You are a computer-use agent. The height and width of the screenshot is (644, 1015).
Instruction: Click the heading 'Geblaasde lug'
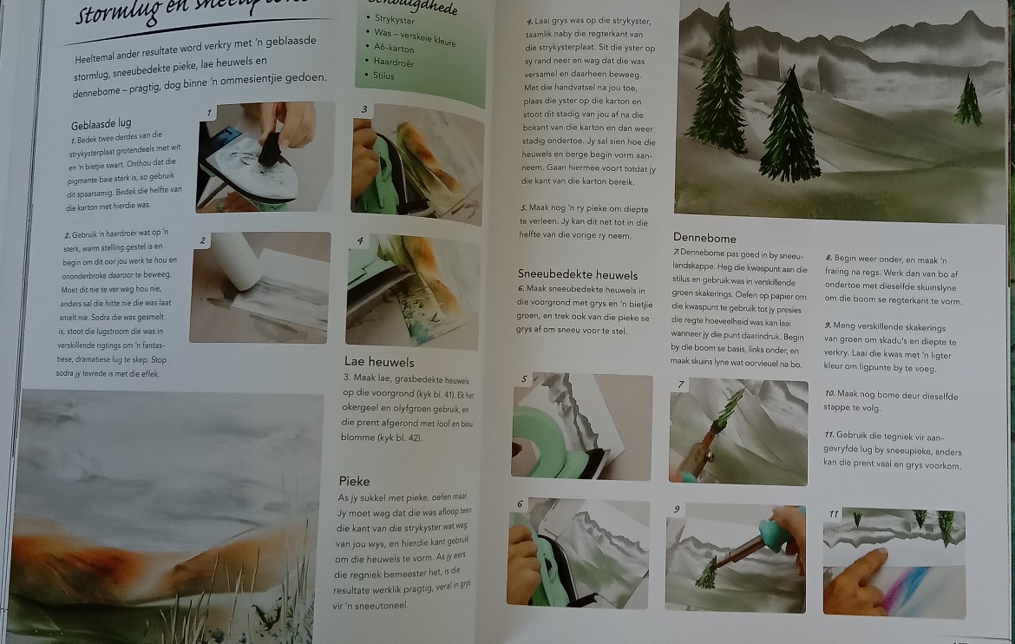tap(101, 123)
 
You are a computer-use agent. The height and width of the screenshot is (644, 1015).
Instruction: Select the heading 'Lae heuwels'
tap(379, 362)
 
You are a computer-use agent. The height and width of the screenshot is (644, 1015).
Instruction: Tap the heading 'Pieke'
tap(355, 481)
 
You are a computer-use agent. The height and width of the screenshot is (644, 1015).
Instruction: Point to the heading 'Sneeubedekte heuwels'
tap(577, 274)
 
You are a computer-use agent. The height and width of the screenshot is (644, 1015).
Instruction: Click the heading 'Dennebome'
tap(704, 237)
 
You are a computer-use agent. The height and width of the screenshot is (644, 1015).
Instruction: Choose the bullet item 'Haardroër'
tap(396, 62)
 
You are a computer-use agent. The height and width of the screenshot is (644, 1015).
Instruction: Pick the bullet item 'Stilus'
tap(383, 76)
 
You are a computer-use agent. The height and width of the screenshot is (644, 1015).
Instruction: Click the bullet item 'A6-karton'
tap(394, 48)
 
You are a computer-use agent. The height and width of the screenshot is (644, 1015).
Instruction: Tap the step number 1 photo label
tap(209, 112)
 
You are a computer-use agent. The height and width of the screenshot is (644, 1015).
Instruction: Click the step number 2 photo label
tap(201, 240)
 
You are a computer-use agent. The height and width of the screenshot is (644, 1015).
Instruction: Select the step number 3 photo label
tap(364, 109)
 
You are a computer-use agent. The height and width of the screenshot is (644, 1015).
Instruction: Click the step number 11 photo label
tap(834, 513)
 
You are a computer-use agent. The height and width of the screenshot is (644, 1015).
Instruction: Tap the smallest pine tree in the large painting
tap(967, 101)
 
